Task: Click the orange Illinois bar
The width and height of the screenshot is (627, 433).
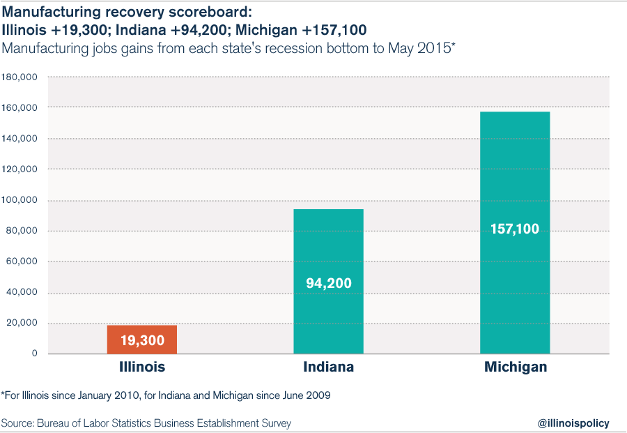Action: [x=142, y=340]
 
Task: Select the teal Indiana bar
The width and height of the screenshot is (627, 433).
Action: [x=329, y=281]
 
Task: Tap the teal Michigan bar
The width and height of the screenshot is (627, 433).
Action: [x=515, y=232]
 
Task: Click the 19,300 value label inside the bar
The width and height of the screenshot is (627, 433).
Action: [x=142, y=340]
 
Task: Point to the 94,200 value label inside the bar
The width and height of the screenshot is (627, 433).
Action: [x=329, y=283]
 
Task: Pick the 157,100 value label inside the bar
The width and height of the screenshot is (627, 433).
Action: [x=515, y=229]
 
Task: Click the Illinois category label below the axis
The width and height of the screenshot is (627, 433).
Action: [x=142, y=367]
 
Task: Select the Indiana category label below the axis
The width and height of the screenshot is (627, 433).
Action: [x=329, y=367]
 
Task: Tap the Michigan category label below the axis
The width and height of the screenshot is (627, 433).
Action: [x=516, y=367]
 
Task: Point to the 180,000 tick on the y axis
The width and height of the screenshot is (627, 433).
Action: [x=19, y=77]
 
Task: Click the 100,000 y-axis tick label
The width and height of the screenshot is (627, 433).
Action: [x=19, y=199]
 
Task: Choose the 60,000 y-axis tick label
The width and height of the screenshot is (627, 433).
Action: [x=22, y=261]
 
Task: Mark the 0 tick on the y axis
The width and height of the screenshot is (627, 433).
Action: [x=34, y=353]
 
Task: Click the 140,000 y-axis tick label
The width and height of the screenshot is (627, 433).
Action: [x=19, y=139]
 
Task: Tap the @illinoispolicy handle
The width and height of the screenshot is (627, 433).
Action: [x=573, y=423]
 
